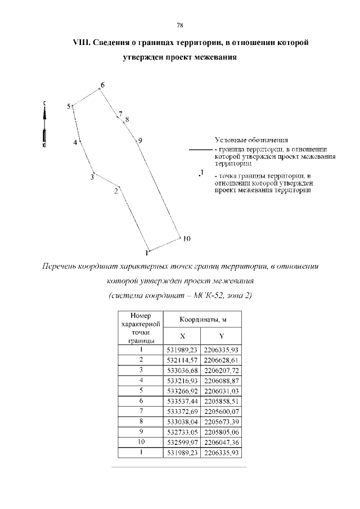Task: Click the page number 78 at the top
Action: (180, 25)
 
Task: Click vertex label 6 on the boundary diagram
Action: (102, 85)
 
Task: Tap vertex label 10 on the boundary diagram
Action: (187, 238)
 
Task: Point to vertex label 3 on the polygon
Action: (92, 178)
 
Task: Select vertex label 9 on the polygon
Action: (140, 140)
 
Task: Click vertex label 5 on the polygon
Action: (69, 106)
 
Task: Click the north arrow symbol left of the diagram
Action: (44, 124)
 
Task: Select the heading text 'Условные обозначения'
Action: (251, 139)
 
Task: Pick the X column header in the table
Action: (182, 336)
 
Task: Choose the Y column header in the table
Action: (222, 336)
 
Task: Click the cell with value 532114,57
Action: (182, 359)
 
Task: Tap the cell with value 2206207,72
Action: (222, 370)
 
